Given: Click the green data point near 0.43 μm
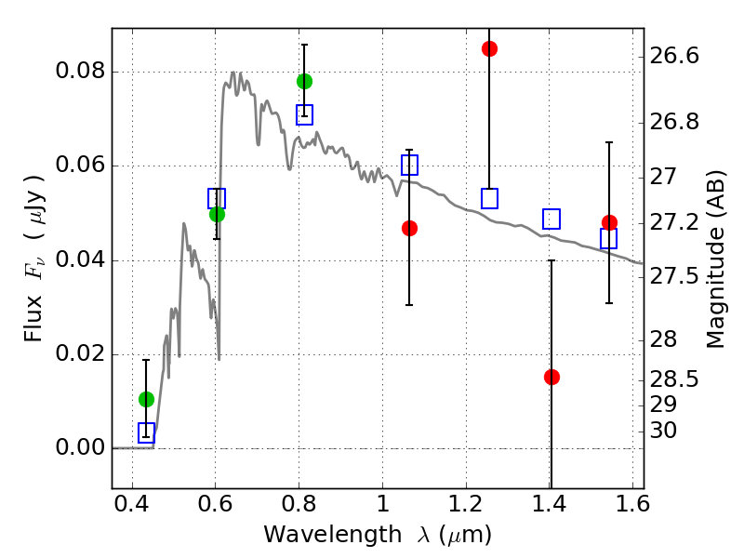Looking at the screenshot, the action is click(147, 400).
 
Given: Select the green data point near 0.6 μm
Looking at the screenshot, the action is click(217, 215).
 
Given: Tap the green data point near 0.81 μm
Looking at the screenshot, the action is click(305, 82).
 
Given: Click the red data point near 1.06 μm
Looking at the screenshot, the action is click(409, 228).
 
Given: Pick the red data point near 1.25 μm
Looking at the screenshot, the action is click(490, 49).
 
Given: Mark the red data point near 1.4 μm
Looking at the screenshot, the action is click(551, 378).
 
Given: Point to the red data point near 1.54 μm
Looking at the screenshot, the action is click(610, 222).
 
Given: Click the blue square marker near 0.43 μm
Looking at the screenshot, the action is click(147, 432).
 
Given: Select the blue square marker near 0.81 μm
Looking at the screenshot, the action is click(305, 114).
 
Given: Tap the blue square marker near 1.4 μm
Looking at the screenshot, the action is click(551, 219).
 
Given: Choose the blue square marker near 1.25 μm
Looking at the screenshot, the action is click(490, 198).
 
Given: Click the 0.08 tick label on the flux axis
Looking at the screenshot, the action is click(80, 71).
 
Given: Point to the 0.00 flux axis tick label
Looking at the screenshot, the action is click(80, 447).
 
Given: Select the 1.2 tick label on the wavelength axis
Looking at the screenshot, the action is click(467, 504).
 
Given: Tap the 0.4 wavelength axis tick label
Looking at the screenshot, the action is click(132, 504).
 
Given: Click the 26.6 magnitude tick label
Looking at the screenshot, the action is click(674, 56).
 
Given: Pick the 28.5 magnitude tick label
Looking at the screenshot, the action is click(674, 379).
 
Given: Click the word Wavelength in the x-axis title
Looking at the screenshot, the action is click(333, 535).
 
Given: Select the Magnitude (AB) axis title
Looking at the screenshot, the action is click(715, 259).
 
